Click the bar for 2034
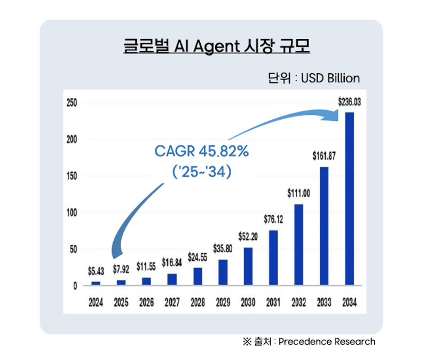[x=350, y=199]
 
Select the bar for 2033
[x=324, y=226]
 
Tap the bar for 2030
[x=248, y=267]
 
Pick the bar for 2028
[x=197, y=276]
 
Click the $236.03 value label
[x=350, y=100]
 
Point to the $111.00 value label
[x=299, y=193]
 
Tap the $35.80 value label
[x=223, y=248]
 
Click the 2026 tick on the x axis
[x=146, y=302]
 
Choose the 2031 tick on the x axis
[x=273, y=302]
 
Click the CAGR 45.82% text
[x=202, y=151]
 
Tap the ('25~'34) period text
[x=202, y=172]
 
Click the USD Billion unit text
[x=330, y=78]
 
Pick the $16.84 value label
[x=172, y=262]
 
